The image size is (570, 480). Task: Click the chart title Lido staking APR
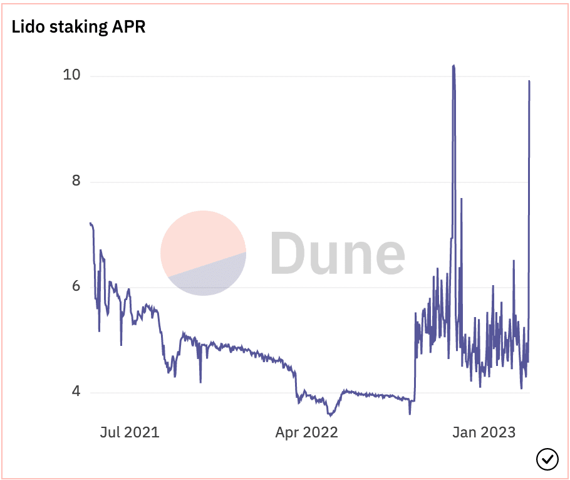(78, 27)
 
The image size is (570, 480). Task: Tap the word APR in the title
(128, 26)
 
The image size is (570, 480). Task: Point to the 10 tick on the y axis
(71, 75)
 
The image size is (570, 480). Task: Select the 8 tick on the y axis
(76, 180)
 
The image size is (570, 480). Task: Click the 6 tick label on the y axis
(76, 286)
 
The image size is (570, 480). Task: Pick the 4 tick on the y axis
(76, 391)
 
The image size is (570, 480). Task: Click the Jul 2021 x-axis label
(130, 432)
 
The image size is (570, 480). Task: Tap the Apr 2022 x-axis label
(306, 432)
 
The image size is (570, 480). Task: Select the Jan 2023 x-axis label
(484, 432)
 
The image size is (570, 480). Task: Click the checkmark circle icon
(547, 459)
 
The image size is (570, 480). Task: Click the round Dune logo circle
(203, 253)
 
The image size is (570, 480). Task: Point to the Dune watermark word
(338, 253)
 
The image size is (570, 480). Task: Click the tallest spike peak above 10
(453, 66)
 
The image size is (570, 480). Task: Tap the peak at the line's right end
(529, 81)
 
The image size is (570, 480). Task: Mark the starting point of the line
(90, 223)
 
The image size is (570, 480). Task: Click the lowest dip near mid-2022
(330, 415)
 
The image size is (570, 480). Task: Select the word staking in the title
(78, 28)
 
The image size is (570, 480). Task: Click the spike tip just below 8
(461, 199)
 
